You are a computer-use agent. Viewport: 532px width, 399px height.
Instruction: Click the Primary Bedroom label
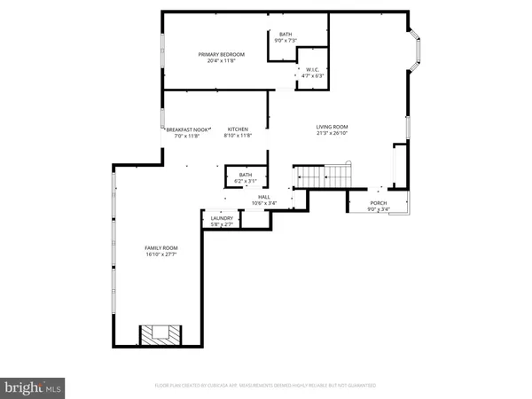[221, 55]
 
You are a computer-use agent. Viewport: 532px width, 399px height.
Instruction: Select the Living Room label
[332, 127]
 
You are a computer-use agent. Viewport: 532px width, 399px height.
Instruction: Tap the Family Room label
[162, 247]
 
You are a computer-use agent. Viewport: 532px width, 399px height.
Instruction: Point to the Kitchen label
[237, 129]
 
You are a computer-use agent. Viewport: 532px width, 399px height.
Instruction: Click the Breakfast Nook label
[187, 129]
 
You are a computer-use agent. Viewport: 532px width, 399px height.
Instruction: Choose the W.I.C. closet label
[309, 69]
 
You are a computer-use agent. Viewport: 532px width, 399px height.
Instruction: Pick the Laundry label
[222, 218]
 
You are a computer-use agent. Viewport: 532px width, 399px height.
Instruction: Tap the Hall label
[263, 197]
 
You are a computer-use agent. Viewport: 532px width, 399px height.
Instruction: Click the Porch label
[378, 203]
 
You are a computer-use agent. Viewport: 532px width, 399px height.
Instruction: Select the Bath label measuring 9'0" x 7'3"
[286, 35]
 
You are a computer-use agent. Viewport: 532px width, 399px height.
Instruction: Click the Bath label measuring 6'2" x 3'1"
[246, 175]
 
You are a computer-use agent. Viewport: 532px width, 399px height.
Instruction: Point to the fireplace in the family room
[160, 334]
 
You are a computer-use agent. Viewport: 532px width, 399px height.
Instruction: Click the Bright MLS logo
[33, 387]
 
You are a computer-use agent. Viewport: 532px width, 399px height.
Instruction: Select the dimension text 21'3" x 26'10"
[332, 135]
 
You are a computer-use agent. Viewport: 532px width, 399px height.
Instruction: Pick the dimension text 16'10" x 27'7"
[162, 255]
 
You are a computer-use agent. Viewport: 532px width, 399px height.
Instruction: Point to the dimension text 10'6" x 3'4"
[263, 204]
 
